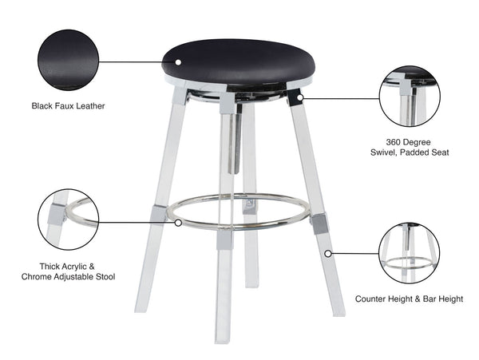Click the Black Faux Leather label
(68, 105)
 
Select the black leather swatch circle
(68, 60)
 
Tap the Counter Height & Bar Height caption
(409, 299)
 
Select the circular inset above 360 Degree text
(409, 97)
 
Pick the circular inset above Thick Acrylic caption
(68, 219)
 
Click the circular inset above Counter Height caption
(409, 253)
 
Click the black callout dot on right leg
(328, 253)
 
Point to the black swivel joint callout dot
(296, 98)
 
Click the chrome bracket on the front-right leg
(319, 223)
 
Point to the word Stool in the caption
(102, 277)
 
